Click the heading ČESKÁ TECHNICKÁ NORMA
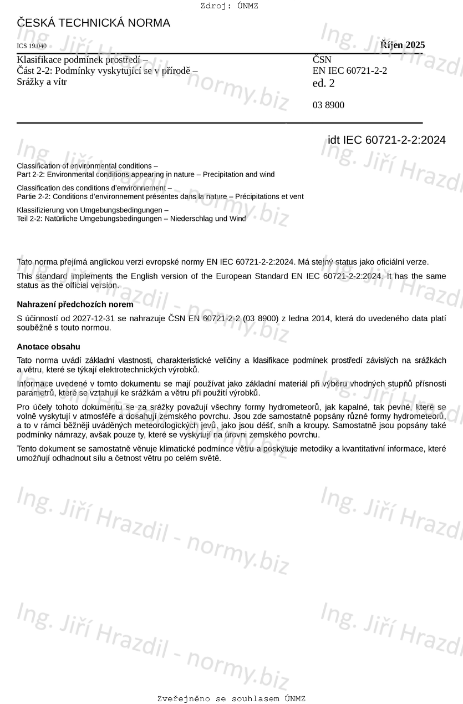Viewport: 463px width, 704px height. [93, 23]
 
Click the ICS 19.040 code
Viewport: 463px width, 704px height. [32, 46]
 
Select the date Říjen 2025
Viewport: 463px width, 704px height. [403, 45]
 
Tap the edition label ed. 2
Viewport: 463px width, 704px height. [324, 84]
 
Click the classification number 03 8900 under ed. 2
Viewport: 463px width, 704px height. [328, 105]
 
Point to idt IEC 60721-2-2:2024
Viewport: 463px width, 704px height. [386, 140]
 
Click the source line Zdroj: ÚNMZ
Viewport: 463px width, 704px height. [229, 6]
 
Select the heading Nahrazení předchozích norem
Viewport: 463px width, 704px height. [75, 305]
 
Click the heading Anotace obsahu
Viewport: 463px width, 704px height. [49, 347]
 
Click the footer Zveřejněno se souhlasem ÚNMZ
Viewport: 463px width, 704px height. [231, 698]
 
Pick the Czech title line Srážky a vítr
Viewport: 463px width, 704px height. [42, 82]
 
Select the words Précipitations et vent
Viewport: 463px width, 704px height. [269, 196]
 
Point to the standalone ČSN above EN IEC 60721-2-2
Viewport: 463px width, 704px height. [322, 59]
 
